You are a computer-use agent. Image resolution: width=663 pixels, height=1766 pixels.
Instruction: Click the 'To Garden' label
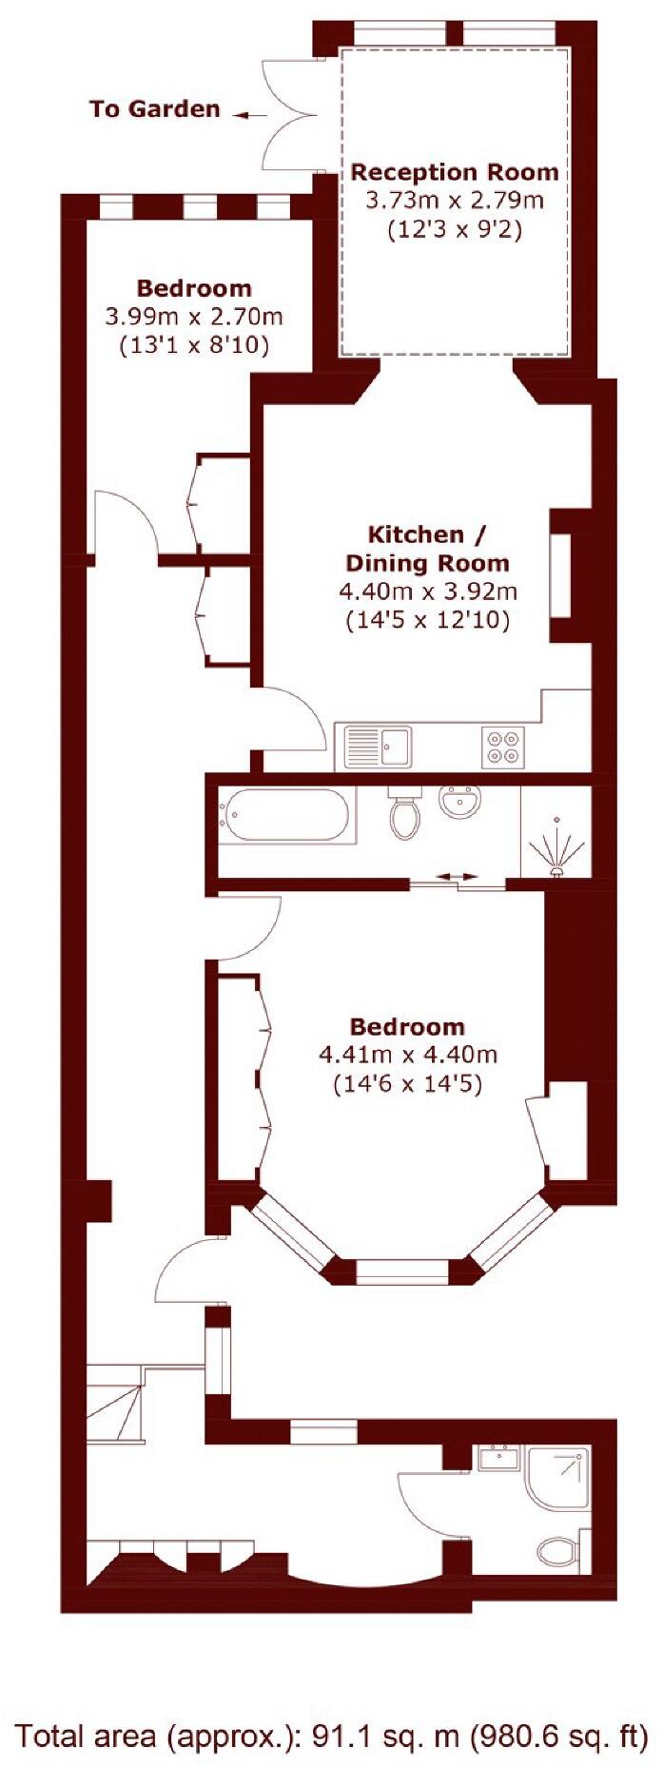tap(154, 109)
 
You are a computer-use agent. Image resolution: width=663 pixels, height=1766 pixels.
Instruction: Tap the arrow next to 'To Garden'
tap(251, 115)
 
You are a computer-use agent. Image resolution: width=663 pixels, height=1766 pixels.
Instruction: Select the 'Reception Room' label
tap(455, 172)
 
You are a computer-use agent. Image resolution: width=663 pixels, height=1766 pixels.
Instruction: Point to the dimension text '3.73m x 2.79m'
tap(455, 201)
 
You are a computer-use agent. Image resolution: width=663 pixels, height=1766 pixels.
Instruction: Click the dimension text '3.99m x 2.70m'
tap(194, 316)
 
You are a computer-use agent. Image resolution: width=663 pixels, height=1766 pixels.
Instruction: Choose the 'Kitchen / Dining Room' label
tap(428, 548)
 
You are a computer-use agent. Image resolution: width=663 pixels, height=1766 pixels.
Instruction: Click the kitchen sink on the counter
tap(378, 745)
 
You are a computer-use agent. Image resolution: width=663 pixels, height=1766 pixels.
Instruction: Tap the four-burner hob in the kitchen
tap(503, 746)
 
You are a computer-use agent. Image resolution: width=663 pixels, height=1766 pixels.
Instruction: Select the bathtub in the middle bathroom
tap(283, 816)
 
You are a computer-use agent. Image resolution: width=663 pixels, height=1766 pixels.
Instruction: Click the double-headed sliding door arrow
tap(458, 876)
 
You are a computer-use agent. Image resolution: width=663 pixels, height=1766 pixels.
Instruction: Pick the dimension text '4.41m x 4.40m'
tap(408, 1055)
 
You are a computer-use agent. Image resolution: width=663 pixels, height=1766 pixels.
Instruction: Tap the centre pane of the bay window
tap(400, 1271)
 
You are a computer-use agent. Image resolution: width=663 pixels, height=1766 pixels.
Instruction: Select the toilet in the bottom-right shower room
tap(559, 1553)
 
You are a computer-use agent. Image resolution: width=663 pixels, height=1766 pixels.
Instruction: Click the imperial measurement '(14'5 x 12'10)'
tap(428, 621)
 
